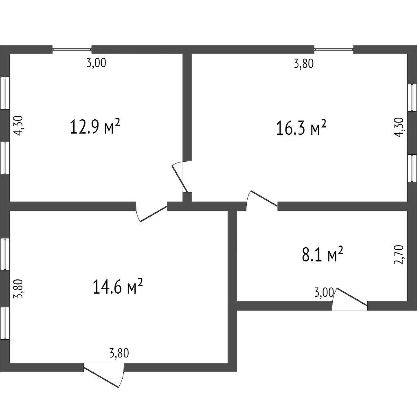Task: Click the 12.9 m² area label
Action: click(95, 127)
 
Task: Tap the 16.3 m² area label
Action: click(301, 128)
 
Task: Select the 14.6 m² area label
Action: click(117, 286)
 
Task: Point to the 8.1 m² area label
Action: click(323, 255)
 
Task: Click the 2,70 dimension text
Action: click(399, 255)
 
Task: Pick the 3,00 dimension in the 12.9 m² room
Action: click(97, 63)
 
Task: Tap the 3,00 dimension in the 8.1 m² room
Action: click(324, 292)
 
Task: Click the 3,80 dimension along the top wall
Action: click(304, 64)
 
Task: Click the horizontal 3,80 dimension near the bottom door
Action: click(119, 353)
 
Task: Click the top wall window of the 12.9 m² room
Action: click(72, 49)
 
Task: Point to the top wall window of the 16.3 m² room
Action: click(334, 49)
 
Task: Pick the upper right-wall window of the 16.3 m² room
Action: click(412, 97)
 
